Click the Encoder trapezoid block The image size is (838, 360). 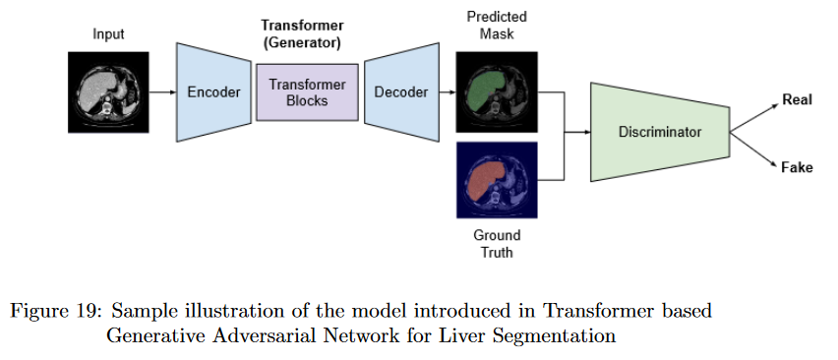[x=213, y=92]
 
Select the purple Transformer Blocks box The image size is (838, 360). [x=307, y=92]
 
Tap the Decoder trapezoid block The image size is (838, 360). [x=402, y=92]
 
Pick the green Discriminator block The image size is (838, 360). [x=660, y=132]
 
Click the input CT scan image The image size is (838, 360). [x=108, y=91]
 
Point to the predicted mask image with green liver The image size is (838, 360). [x=497, y=91]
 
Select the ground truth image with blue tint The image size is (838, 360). [x=497, y=180]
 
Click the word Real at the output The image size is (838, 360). [x=797, y=100]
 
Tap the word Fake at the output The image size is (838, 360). [x=797, y=168]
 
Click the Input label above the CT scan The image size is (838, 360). [x=108, y=34]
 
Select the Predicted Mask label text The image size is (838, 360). [x=497, y=26]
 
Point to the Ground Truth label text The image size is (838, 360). [x=497, y=244]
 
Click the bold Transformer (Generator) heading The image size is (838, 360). [x=302, y=33]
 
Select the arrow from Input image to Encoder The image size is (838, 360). [x=162, y=92]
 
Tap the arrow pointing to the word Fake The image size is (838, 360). [x=754, y=150]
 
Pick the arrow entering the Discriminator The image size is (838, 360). [x=577, y=132]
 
